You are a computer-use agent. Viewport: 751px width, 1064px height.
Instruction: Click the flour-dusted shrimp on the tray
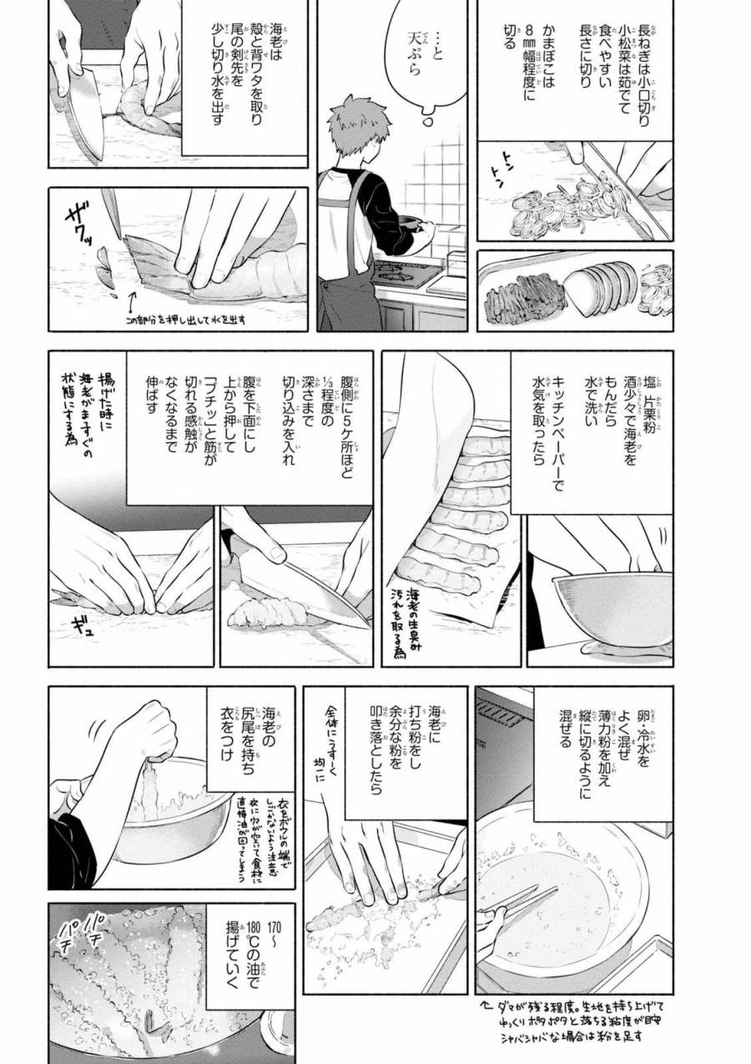pos(367,910)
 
